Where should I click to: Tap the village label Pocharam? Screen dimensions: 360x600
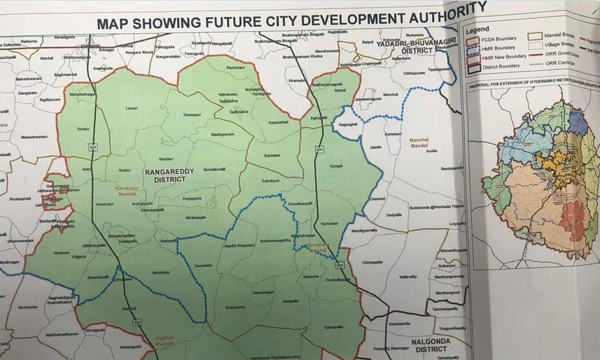(x=236, y=68)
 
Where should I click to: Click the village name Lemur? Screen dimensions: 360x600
(x=131, y=109)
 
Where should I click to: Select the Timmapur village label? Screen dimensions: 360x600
(x=191, y=114)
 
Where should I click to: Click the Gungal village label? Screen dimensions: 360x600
(x=336, y=166)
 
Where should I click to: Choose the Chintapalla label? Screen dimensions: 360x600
(x=372, y=262)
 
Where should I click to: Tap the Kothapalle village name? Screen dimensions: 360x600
(x=334, y=326)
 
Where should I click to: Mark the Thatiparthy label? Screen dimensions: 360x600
(x=235, y=307)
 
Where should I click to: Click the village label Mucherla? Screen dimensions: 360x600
(x=161, y=272)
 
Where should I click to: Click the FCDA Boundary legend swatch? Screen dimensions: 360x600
(x=473, y=41)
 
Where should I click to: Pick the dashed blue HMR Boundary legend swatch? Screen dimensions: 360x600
(x=473, y=49)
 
